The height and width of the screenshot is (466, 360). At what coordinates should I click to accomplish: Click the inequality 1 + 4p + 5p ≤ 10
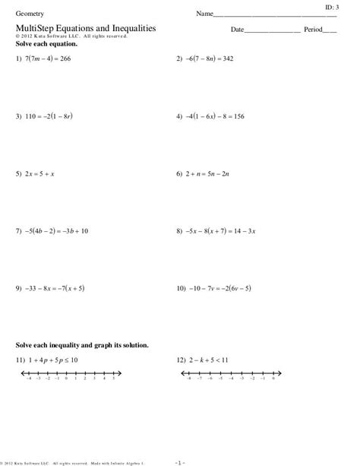(x=54, y=358)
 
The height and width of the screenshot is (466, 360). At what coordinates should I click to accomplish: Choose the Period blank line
(x=330, y=31)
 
